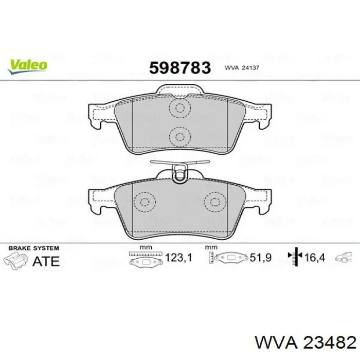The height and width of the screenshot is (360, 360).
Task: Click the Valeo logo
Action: (28, 66)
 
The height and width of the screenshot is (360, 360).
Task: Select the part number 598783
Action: (180, 68)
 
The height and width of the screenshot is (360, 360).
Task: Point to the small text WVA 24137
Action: (242, 68)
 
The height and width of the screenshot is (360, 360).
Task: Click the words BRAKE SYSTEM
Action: (34, 248)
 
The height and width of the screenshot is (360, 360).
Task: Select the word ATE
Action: (46, 261)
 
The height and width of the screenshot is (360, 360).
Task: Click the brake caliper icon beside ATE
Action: (15, 260)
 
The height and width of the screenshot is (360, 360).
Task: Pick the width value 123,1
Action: (178, 258)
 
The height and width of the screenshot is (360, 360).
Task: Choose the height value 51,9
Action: (261, 258)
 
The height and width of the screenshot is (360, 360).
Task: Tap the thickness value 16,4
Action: (315, 258)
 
